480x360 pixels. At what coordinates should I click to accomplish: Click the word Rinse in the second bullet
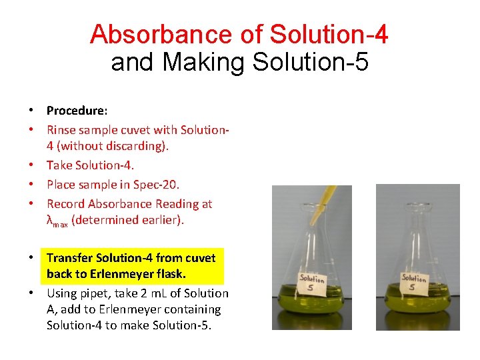[61, 129]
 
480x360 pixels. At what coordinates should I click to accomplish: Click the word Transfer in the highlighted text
[70, 257]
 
